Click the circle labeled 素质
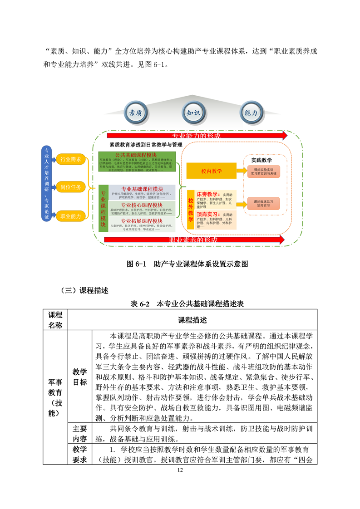coord(136,113)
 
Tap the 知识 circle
coord(193,113)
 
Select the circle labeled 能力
coord(251,113)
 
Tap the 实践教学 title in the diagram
coord(261,160)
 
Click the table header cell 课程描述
coord(192,320)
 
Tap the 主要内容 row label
coord(79,434)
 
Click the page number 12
coord(180,470)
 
